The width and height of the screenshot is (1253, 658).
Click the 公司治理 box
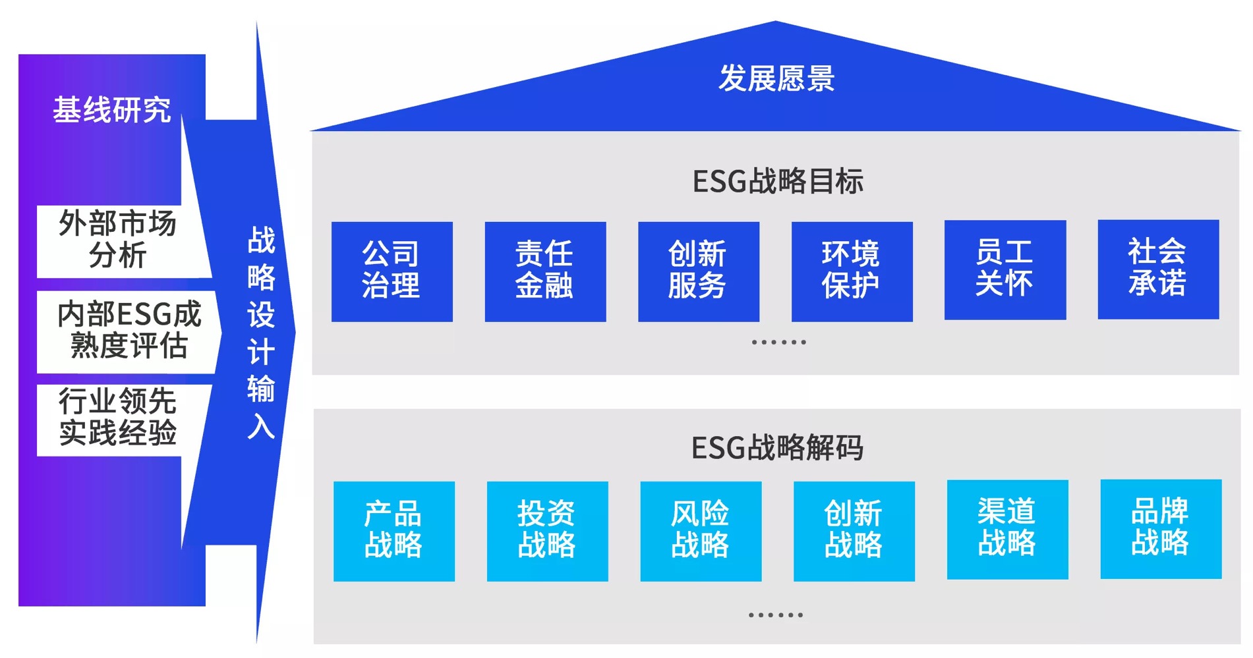tap(392, 271)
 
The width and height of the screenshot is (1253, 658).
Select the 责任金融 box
tap(545, 271)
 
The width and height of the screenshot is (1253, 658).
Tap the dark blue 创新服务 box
tap(698, 271)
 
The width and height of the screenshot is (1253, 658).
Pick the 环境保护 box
tap(852, 271)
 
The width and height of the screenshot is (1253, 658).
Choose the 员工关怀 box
tap(1005, 270)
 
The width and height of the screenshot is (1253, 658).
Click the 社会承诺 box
tap(1158, 269)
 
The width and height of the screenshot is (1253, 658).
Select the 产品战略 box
tap(393, 531)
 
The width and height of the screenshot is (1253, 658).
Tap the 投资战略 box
tap(547, 531)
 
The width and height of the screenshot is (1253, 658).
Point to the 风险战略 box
tap(701, 531)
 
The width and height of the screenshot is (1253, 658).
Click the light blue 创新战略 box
tap(854, 531)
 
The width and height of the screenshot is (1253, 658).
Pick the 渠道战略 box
tap(1007, 530)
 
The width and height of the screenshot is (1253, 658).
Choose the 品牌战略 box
tap(1161, 529)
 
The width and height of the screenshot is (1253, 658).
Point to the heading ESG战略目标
tap(778, 181)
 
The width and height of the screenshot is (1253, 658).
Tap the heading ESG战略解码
tap(777, 448)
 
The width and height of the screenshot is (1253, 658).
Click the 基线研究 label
tap(112, 110)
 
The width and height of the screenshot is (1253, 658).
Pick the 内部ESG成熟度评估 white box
tap(129, 331)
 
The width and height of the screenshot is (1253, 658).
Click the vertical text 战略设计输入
tap(262, 333)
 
